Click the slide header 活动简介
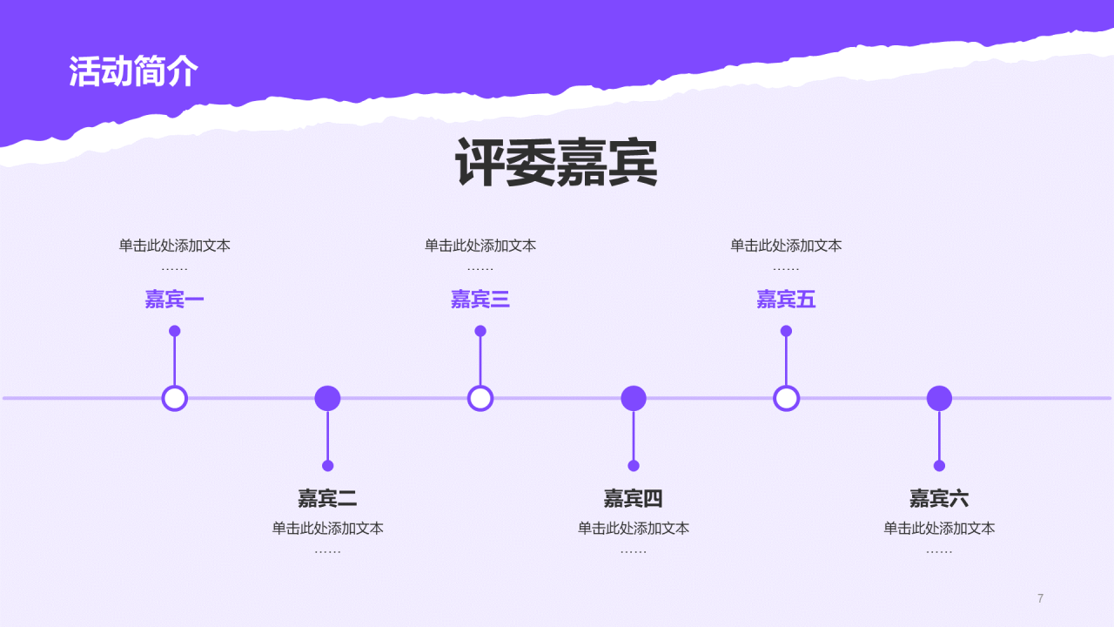(x=134, y=71)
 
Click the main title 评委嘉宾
(x=556, y=163)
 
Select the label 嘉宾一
(x=175, y=300)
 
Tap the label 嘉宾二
(x=327, y=499)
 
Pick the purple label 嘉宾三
(x=480, y=300)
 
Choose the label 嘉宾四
(x=634, y=499)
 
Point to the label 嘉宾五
(x=786, y=300)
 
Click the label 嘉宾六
(x=939, y=499)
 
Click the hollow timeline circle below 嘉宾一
(x=175, y=398)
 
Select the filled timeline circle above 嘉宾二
(x=327, y=398)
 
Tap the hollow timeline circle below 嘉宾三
(x=480, y=398)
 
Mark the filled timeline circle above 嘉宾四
(x=634, y=398)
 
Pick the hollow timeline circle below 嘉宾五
(x=786, y=398)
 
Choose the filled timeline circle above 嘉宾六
(x=939, y=398)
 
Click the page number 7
(x=1040, y=598)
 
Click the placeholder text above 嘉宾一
(x=175, y=246)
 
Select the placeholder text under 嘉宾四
(x=634, y=529)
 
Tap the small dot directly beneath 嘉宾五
(x=786, y=331)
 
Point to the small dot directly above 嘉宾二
(x=327, y=466)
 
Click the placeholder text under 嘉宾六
(x=939, y=529)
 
